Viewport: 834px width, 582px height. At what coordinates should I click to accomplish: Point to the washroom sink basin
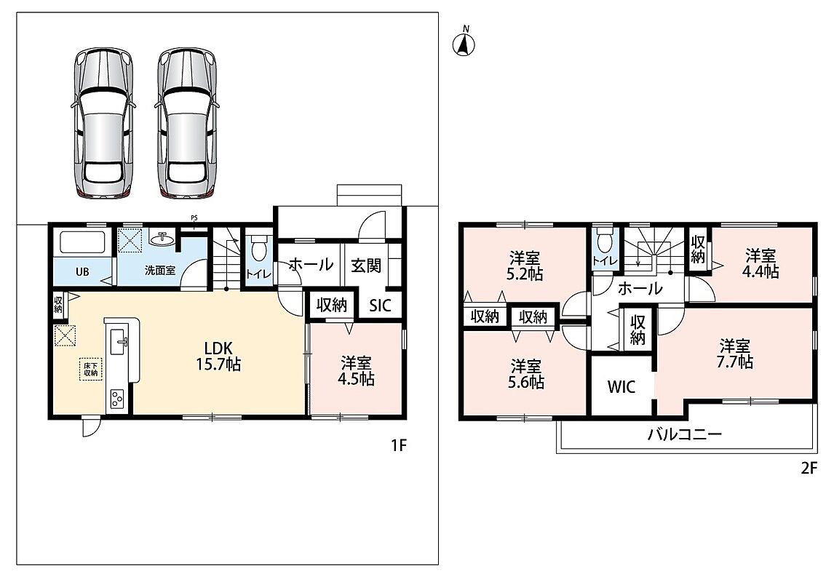[163, 240]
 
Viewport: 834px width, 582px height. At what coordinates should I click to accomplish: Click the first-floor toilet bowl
[259, 248]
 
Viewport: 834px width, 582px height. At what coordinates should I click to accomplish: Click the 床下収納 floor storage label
[90, 369]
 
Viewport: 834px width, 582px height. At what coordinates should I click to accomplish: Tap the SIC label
[380, 306]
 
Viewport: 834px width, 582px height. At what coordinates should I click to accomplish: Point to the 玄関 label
[366, 265]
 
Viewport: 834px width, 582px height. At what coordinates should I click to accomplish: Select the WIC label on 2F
[621, 386]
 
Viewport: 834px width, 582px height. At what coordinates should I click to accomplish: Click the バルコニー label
[685, 434]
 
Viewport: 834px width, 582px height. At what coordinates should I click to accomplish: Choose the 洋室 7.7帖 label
[736, 354]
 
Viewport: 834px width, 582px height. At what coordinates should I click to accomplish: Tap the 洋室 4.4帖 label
[760, 263]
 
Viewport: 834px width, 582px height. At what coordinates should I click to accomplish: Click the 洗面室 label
[160, 270]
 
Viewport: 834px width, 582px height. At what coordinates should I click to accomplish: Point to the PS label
[194, 217]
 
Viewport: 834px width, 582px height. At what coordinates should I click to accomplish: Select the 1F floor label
[399, 445]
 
